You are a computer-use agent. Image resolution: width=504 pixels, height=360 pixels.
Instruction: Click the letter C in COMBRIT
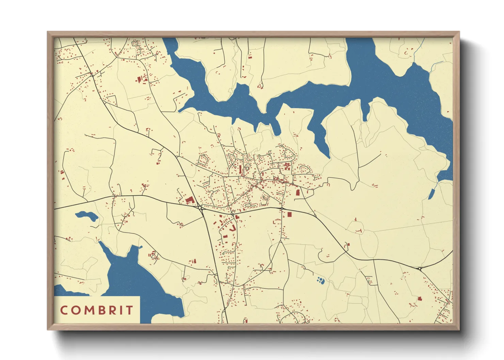click(x=64, y=310)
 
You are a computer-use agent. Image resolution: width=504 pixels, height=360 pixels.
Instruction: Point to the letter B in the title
click(x=100, y=310)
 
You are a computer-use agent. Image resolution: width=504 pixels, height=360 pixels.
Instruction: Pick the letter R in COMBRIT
click(x=110, y=310)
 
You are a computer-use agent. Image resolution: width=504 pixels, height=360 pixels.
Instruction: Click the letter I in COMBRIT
click(x=119, y=310)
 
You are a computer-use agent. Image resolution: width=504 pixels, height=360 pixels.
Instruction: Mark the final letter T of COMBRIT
click(x=128, y=310)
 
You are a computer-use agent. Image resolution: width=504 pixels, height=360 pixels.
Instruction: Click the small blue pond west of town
click(x=86, y=216)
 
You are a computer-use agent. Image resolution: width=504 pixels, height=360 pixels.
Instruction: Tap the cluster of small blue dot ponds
click(x=320, y=280)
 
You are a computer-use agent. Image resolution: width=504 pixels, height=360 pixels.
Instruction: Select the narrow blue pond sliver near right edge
click(x=431, y=194)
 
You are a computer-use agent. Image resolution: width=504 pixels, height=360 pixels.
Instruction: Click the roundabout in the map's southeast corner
click(x=420, y=269)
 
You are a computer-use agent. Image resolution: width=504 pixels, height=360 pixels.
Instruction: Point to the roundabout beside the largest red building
click(x=200, y=207)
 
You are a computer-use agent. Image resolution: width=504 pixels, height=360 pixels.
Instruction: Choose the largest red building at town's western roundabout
click(x=189, y=200)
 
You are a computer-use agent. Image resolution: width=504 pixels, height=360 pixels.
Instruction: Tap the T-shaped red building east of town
click(x=359, y=231)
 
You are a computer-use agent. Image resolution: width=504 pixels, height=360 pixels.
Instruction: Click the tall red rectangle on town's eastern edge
click(x=298, y=193)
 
